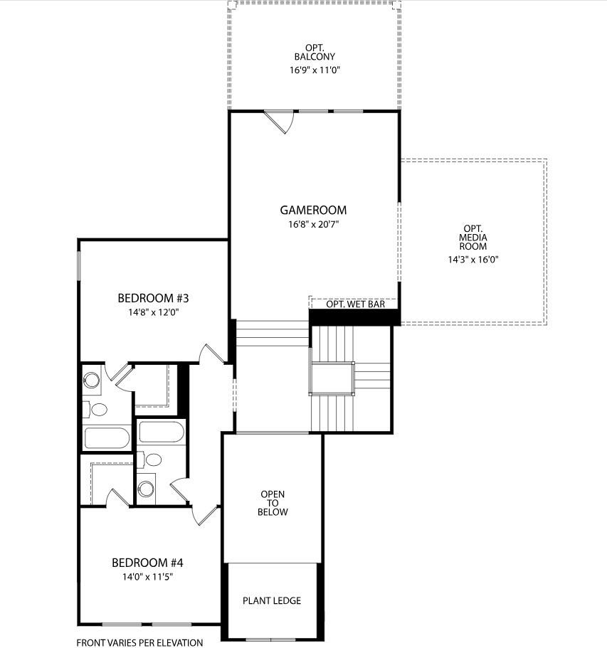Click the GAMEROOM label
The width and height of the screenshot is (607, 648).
pos(313,210)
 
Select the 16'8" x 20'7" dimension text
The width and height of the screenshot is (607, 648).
pos(313,224)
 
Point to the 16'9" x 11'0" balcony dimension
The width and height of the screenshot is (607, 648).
pos(315,70)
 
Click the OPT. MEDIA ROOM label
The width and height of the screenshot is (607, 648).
pos(473,237)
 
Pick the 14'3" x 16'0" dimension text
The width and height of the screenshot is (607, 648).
pos(473,260)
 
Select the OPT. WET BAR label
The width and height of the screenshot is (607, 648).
pos(355,304)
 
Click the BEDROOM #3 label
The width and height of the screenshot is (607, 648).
pos(152,297)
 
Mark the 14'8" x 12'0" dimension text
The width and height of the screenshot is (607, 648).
pos(152,312)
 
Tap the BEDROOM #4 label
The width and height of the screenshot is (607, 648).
pos(148,563)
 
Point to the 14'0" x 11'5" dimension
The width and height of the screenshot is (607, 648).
pos(148,577)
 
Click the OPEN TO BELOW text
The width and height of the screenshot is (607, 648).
pos(273,503)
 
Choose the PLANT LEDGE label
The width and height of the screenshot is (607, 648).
pos(272,600)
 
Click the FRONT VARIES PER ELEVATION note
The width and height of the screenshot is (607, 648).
pos(139,642)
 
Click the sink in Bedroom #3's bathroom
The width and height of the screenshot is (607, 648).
pos(93,378)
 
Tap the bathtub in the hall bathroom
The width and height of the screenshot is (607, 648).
pos(161,432)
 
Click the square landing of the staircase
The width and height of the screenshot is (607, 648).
pos(332,377)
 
